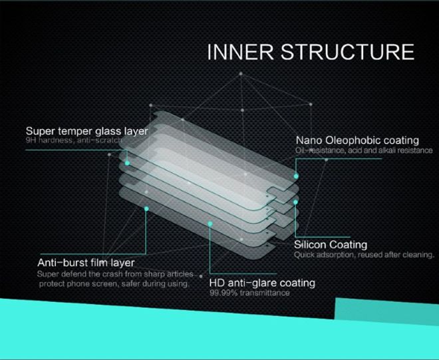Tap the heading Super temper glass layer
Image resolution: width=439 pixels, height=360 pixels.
(86, 131)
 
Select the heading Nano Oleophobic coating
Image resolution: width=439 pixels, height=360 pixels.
(357, 140)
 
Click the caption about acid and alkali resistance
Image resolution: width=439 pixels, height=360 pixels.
(363, 151)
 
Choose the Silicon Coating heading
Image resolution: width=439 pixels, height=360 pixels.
(331, 244)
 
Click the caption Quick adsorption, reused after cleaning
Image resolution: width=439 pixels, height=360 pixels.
(364, 254)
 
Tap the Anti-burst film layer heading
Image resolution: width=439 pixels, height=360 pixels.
(86, 263)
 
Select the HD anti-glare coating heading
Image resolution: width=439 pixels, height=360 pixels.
(262, 283)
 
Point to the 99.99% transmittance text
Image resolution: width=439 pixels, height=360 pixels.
(249, 293)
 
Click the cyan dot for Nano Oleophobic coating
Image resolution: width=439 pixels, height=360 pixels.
(295, 176)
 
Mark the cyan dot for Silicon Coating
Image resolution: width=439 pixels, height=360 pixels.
(295, 200)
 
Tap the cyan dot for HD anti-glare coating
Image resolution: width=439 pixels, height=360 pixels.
(210, 224)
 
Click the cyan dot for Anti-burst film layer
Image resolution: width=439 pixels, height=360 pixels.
(146, 208)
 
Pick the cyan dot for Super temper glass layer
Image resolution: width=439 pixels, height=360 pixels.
(126, 162)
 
